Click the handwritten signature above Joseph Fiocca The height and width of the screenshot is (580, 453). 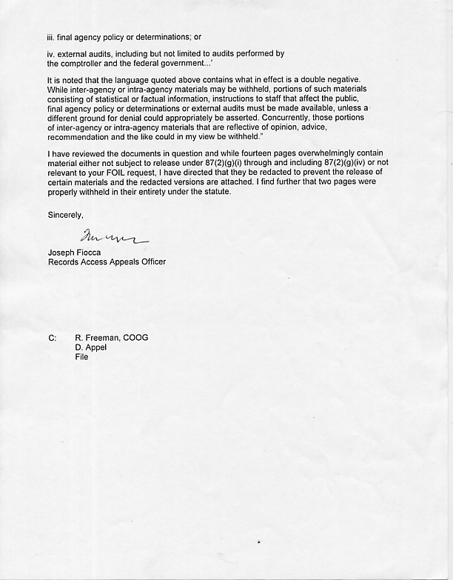(x=115, y=237)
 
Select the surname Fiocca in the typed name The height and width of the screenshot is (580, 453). (x=91, y=253)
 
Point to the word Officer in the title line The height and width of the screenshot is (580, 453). (x=152, y=262)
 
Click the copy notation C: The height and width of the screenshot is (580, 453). (x=53, y=338)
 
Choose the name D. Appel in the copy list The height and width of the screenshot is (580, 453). (x=91, y=347)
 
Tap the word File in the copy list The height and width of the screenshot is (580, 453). (x=81, y=357)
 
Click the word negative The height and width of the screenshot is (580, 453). (x=343, y=80)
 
